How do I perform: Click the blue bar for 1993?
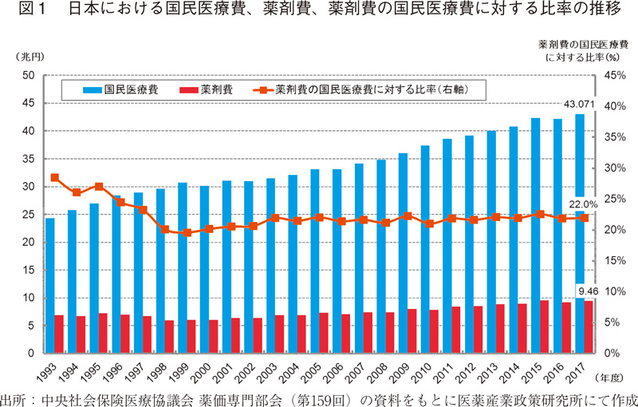coord(50,285)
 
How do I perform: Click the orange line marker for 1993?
coord(54,177)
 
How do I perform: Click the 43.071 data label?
coord(580,105)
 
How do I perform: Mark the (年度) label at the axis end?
coord(615,377)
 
